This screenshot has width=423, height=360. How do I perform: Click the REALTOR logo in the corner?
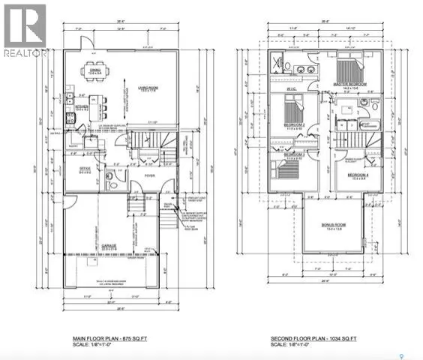click(24, 30)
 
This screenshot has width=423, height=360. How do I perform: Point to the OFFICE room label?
click(84, 170)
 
